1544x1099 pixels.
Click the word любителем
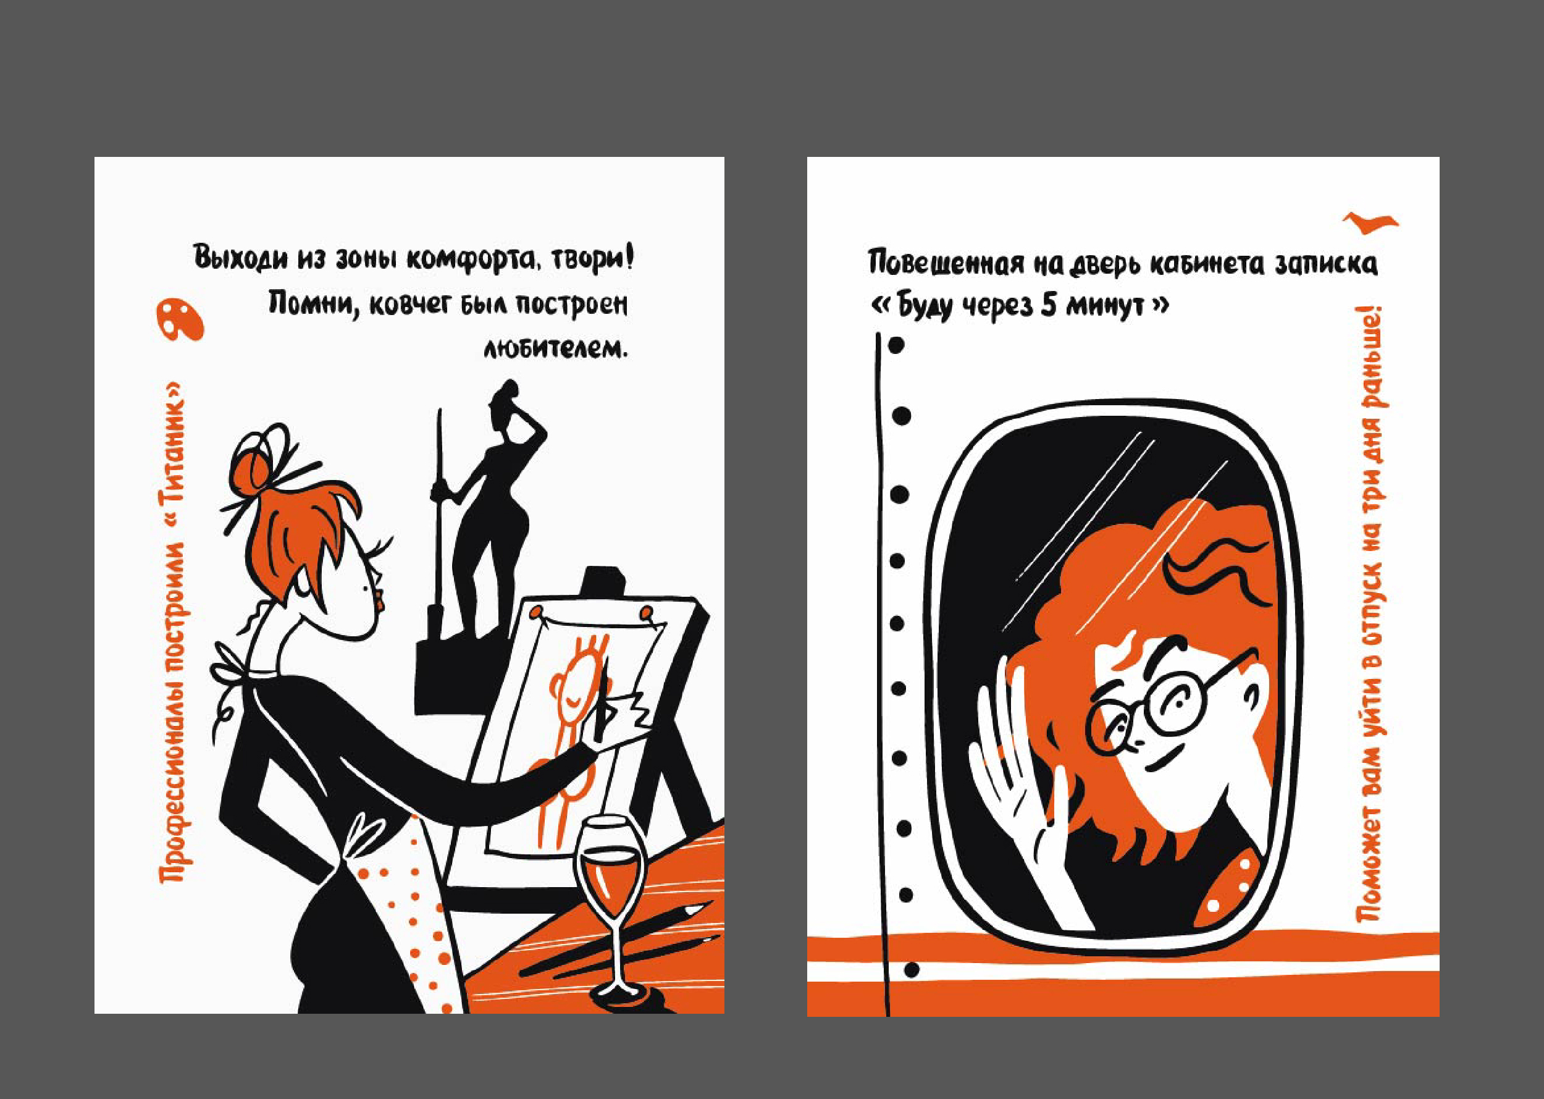click(555, 348)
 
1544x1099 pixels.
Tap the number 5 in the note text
click(1049, 306)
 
